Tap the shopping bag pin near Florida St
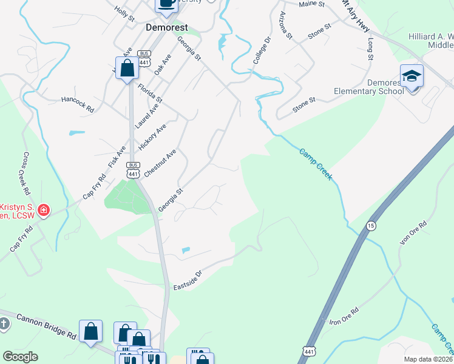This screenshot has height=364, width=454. [127, 68]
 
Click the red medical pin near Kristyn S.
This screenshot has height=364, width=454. [44, 211]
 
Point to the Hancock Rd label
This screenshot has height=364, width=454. [78, 105]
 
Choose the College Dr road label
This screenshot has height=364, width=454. [261, 51]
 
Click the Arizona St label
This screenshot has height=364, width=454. [285, 25]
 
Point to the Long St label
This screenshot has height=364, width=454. [370, 49]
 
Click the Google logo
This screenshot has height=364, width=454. [20, 357]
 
